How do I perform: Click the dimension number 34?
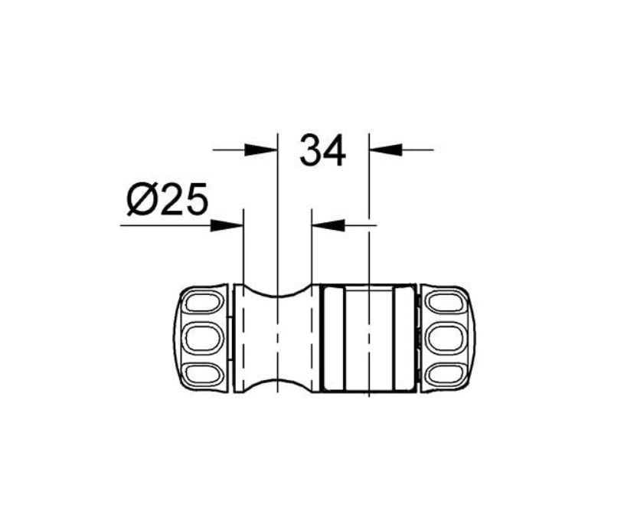click(x=322, y=150)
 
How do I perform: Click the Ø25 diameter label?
click(x=168, y=198)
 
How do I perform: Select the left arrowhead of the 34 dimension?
click(x=260, y=149)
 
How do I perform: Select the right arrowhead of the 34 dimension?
click(x=385, y=149)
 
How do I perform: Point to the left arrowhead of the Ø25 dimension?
click(x=227, y=225)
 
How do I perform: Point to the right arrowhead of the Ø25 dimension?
click(x=328, y=225)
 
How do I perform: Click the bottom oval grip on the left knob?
click(x=203, y=373)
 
